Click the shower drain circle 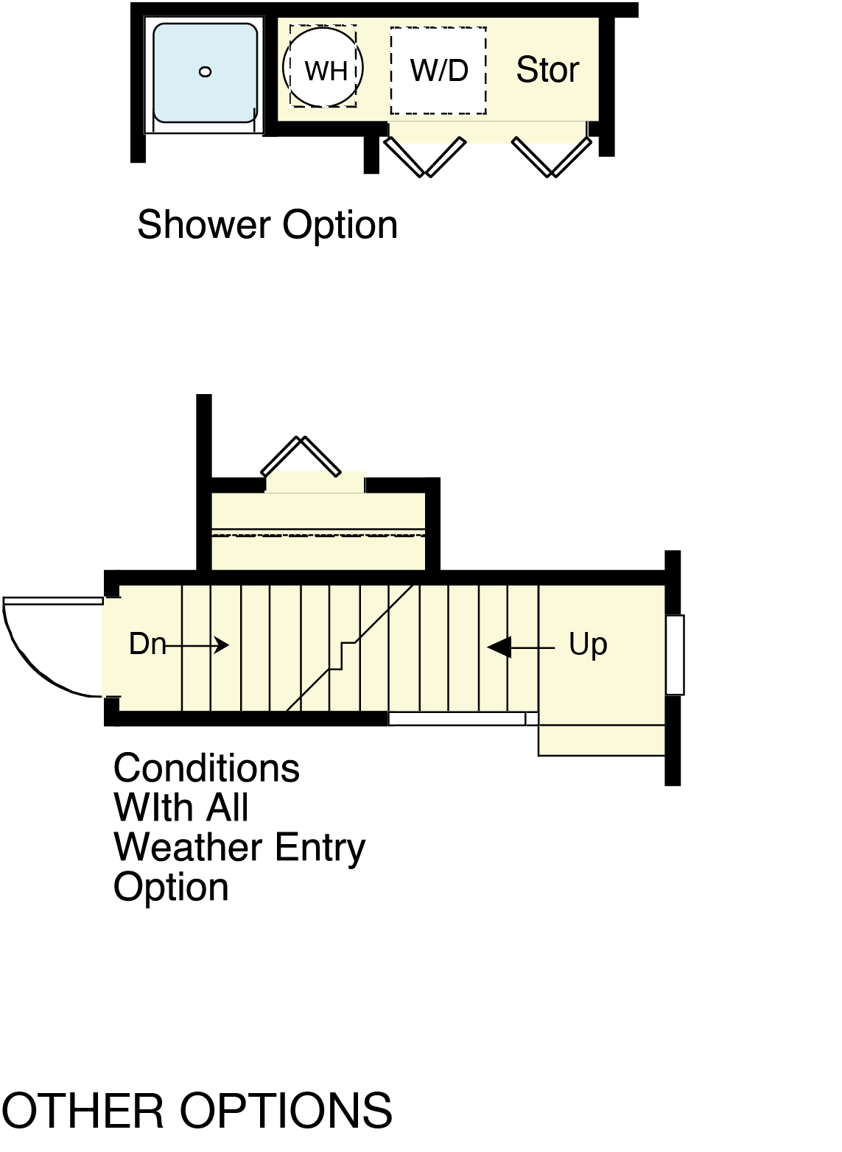206,71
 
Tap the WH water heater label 326,71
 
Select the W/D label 439,71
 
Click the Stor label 547,70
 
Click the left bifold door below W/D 425,157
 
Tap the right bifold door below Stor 552,157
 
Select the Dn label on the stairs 147,644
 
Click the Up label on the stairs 588,645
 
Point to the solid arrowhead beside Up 500,647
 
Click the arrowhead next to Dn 222,645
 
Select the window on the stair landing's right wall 675,654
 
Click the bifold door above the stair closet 301,457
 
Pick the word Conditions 206,768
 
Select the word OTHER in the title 83,1111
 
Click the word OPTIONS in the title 286,1111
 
